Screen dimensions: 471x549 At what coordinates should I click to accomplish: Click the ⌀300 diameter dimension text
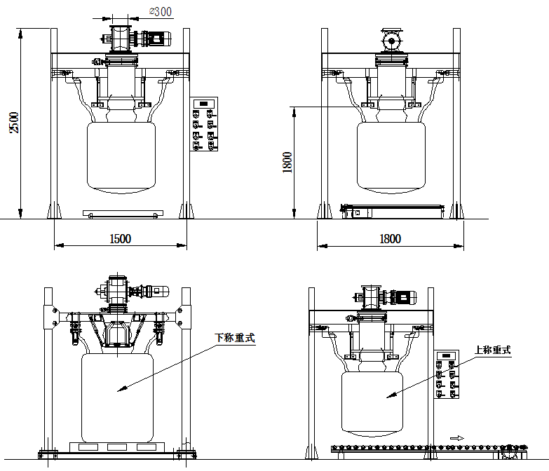click(161, 11)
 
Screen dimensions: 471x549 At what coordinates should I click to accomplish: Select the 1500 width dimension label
click(120, 238)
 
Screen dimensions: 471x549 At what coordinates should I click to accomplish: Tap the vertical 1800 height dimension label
click(287, 162)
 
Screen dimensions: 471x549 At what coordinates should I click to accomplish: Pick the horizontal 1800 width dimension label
click(390, 238)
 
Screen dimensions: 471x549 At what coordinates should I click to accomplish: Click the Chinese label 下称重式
click(236, 338)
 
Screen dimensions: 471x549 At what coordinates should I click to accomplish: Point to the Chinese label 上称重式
click(494, 350)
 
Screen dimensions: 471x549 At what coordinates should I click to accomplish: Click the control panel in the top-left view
click(204, 125)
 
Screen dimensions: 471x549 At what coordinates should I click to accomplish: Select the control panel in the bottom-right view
click(447, 376)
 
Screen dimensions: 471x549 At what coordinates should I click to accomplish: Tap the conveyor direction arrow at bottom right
click(456, 438)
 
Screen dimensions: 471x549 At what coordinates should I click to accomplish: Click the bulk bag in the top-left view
click(120, 156)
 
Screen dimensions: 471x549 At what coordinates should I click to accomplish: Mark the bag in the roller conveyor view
click(372, 402)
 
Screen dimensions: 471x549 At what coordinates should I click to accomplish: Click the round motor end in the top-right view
click(390, 41)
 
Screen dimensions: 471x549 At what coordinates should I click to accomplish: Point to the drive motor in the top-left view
click(154, 39)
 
